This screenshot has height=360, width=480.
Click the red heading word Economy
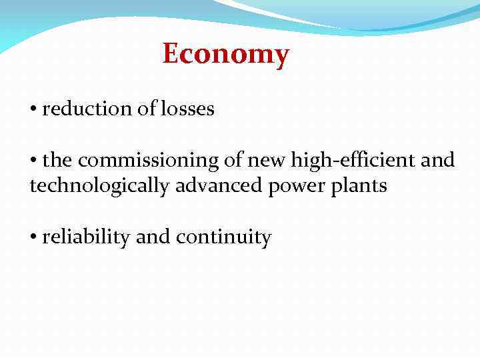pyautogui.click(x=226, y=54)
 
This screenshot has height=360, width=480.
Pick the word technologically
pyautogui.click(x=100, y=185)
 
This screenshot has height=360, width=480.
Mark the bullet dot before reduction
pyautogui.click(x=33, y=109)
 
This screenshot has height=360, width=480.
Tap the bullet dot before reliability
pyautogui.click(x=33, y=238)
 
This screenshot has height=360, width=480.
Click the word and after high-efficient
pyautogui.click(x=438, y=161)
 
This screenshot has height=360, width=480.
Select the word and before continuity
pyautogui.click(x=153, y=237)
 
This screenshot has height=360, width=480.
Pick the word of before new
pyautogui.click(x=237, y=161)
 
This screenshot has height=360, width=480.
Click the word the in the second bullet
pyautogui.click(x=59, y=161)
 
